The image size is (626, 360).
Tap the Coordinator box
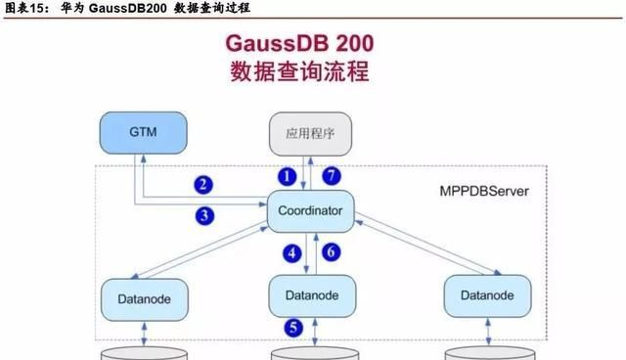coord(310,210)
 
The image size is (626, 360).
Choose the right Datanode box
coord(486,294)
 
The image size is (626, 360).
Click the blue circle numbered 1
coord(287,177)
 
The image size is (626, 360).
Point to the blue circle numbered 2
coord(203,184)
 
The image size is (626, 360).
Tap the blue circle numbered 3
coord(203,215)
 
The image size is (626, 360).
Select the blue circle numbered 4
coord(291,252)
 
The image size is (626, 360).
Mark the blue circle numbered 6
coord(331,252)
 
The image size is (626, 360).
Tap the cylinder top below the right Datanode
coord(486,352)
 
